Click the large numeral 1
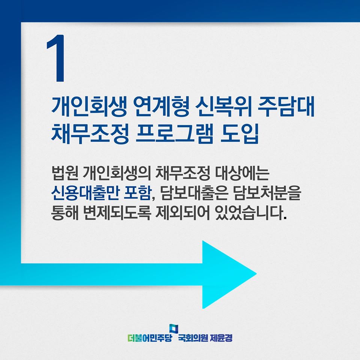click(x=56, y=58)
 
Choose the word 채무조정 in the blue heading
click(x=90, y=133)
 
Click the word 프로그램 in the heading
click(x=174, y=133)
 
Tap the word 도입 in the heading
click(x=240, y=133)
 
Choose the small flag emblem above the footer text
click(x=174, y=329)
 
